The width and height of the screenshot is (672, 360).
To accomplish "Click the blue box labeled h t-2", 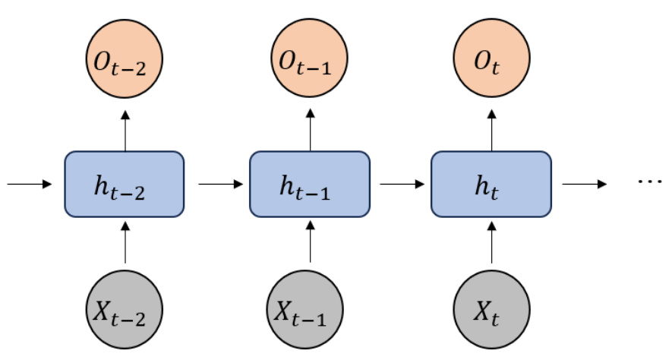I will tap(125, 184).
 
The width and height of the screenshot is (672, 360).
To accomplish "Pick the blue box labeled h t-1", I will tap(309, 184).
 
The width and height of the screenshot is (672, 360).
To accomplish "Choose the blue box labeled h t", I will tap(491, 184).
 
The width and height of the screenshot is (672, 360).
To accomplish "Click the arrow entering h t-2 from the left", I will tap(30, 184).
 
